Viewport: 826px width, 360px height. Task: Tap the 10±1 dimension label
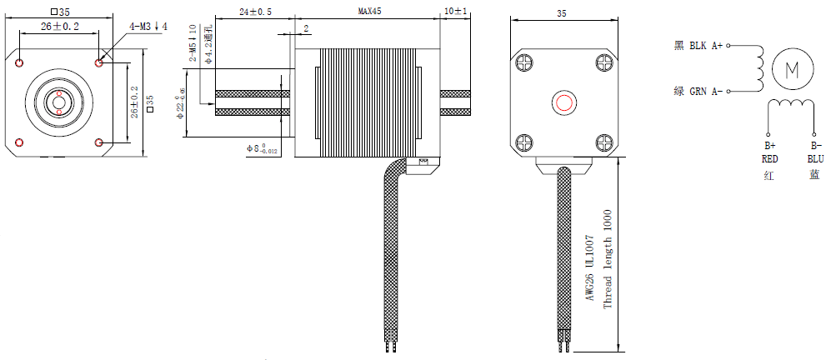click(x=456, y=12)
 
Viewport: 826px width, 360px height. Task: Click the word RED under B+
click(x=769, y=158)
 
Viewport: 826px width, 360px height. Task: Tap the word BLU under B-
click(x=814, y=158)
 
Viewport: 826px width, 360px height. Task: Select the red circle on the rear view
click(x=564, y=103)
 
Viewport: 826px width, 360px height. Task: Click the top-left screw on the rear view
click(x=526, y=62)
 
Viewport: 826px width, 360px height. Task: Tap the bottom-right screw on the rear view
click(x=603, y=142)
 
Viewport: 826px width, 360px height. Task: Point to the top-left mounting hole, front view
click(x=19, y=62)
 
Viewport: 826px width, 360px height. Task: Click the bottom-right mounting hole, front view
click(x=99, y=143)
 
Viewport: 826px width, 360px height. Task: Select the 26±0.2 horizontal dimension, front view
click(x=59, y=27)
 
